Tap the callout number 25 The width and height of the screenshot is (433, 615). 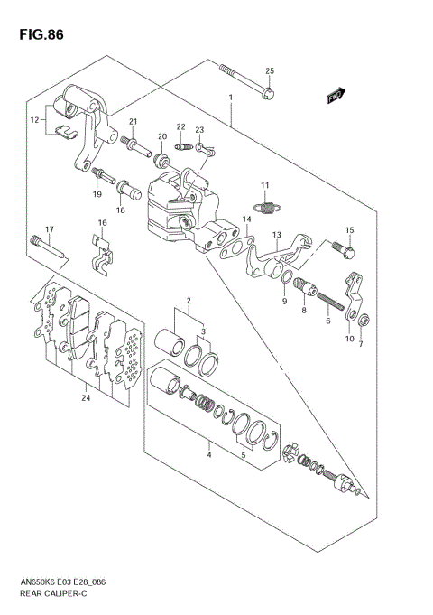point(269,71)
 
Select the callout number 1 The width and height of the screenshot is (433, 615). point(231,96)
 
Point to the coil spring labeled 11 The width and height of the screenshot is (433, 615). point(264,210)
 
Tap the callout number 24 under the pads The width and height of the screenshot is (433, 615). point(86,396)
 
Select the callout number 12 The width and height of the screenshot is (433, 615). point(34,119)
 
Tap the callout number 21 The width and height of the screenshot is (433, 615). point(131,123)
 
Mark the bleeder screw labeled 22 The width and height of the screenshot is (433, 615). point(182,145)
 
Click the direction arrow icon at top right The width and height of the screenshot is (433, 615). point(336,93)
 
